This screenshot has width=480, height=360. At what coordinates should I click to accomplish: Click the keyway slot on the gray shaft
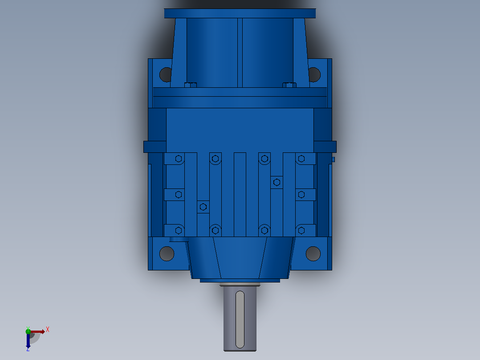point(240,319)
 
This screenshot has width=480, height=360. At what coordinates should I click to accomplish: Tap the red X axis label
point(48,330)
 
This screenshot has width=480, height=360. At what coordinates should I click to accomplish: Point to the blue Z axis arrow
point(28,340)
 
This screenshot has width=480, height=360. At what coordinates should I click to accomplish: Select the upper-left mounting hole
point(166,74)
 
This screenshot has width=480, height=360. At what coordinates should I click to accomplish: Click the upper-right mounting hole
point(314,74)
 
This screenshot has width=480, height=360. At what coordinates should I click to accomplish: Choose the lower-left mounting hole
point(167,254)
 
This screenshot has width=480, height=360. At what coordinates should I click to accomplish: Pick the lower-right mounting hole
point(313,254)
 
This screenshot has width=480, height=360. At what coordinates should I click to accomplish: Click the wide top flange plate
point(240,13)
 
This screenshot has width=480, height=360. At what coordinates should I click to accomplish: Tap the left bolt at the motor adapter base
point(191,85)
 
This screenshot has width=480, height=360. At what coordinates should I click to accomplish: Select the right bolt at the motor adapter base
point(289,85)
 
